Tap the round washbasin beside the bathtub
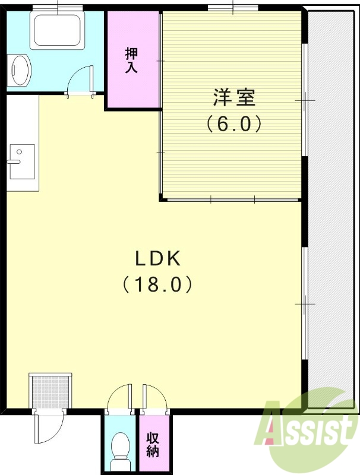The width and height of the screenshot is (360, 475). tap(21, 71)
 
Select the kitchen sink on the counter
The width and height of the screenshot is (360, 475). tap(22, 161)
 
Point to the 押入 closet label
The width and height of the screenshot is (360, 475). tap(131, 60)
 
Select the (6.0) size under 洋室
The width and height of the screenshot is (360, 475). tap(233, 124)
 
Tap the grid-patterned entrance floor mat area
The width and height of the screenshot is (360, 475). tap(50, 391)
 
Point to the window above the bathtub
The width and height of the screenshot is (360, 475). tap(58, 8)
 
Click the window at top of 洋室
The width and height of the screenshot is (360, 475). tap(232, 8)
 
